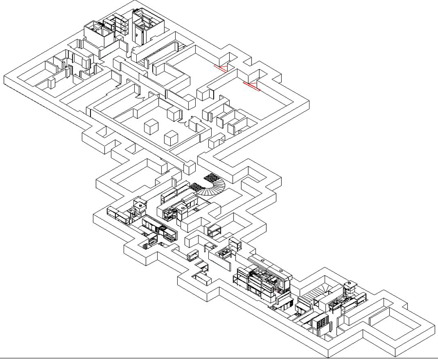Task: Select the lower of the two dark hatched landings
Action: point(197,186)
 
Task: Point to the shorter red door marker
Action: point(221,69)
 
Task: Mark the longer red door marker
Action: point(252,86)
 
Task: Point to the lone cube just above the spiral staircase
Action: point(189,169)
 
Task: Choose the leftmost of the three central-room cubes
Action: point(152,127)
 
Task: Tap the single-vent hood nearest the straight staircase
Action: point(349,287)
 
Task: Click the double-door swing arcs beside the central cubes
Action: point(186,123)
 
